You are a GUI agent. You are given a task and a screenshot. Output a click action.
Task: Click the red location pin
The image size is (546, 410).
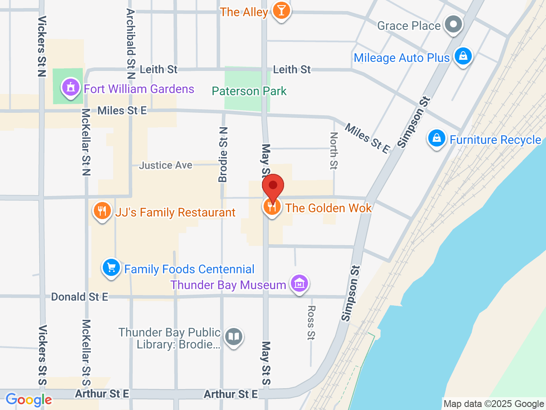(273, 186)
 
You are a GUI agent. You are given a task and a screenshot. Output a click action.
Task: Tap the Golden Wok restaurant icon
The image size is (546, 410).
(272, 207)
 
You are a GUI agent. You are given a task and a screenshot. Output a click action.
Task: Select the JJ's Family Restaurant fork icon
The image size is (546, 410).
(102, 211)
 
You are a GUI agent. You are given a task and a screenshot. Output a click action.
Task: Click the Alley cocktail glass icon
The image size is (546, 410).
(281, 10)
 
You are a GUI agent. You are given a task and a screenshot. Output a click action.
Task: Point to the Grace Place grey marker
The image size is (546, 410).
(453, 24)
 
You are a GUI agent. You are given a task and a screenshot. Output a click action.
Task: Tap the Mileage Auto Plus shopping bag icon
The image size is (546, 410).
(463, 56)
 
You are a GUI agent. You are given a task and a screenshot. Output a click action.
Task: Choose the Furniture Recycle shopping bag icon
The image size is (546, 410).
(436, 138)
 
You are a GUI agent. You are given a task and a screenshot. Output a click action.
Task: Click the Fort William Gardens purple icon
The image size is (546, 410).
(71, 88)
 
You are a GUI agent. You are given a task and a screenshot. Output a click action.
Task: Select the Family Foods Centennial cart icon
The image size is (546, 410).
(111, 268)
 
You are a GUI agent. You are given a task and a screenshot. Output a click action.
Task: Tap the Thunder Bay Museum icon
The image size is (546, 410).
(299, 283)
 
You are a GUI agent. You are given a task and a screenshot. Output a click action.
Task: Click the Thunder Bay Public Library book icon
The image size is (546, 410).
(233, 337)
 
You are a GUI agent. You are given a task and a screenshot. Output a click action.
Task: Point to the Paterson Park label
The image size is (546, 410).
(249, 91)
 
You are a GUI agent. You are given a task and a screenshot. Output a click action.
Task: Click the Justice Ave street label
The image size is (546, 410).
(166, 165)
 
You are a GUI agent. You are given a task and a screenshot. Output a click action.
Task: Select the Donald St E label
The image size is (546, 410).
(80, 297)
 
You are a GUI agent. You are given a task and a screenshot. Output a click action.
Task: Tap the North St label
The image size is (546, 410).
(334, 150)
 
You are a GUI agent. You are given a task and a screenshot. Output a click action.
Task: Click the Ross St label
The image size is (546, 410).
(311, 322)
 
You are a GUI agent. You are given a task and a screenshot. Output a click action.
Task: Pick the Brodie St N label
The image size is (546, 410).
(223, 155)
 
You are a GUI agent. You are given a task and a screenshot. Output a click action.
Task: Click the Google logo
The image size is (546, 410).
(29, 400)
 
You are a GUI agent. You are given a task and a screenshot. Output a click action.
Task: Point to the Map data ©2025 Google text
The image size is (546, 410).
(494, 404)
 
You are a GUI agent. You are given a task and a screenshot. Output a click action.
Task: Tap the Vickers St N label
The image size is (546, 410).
(42, 46)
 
